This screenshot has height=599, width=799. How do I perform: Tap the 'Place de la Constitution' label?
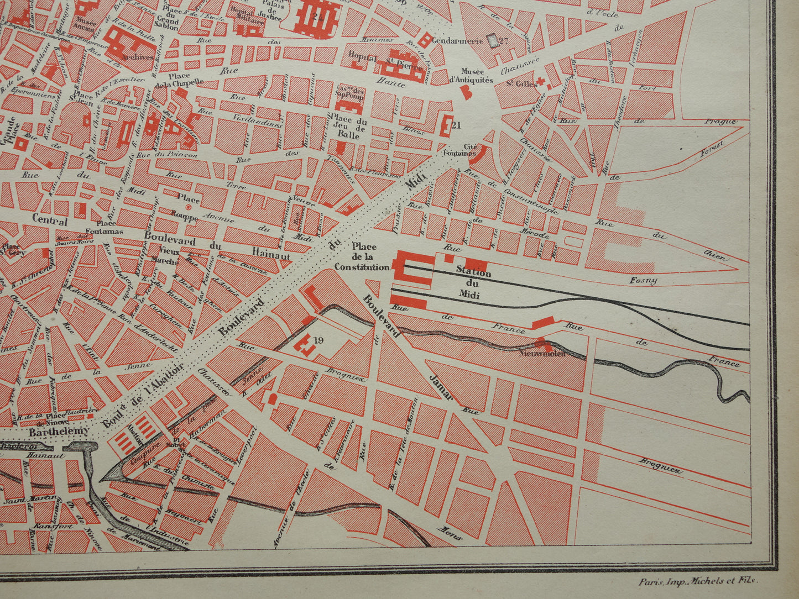[x=362, y=257]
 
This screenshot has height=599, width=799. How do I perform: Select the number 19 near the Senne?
[x=318, y=340]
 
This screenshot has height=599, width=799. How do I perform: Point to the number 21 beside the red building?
[x=456, y=125]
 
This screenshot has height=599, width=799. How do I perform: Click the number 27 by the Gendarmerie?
[x=503, y=40]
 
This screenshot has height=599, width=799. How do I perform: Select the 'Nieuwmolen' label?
[x=544, y=354]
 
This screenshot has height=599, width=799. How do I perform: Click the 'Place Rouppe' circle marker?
[x=188, y=207]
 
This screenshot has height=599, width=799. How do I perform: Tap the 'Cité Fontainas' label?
[x=462, y=149]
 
